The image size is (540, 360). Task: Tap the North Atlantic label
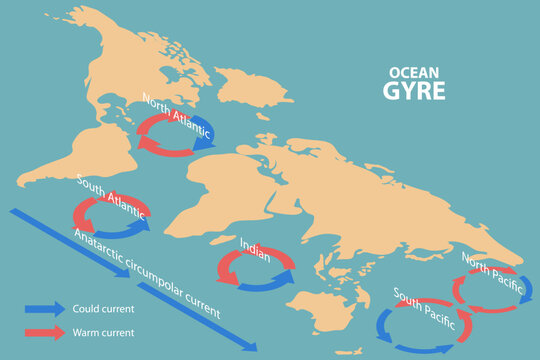(177, 115)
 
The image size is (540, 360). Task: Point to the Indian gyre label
(255, 246)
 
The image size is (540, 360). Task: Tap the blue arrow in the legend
(42, 309)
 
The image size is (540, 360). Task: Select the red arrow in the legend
(42, 332)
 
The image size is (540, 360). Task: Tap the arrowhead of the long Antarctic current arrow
(250, 345)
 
